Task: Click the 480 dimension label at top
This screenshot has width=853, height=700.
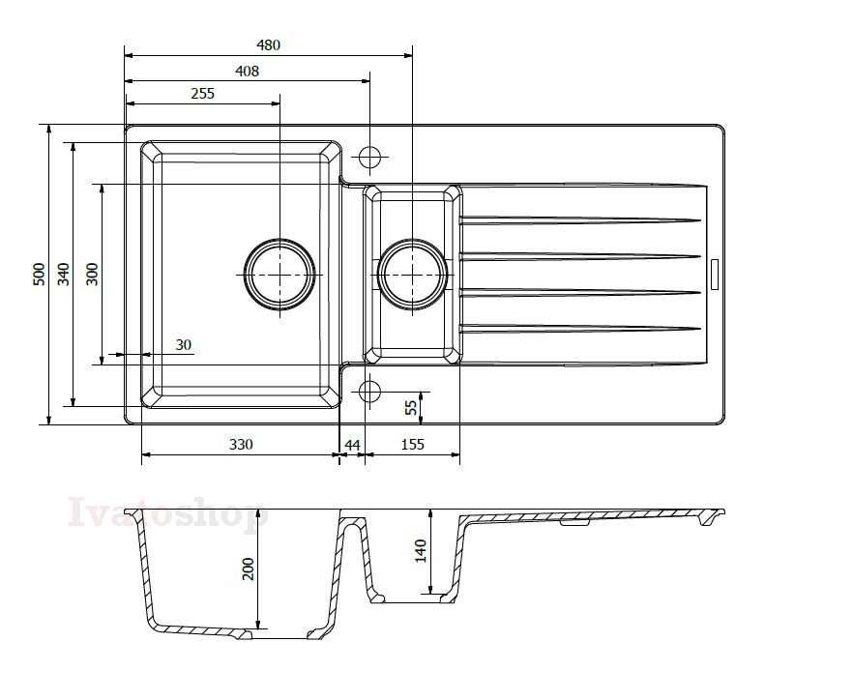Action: click(268, 44)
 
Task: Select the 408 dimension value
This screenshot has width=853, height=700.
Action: click(247, 71)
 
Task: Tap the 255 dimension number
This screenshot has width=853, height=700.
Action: click(202, 94)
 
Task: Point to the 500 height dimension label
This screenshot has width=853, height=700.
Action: click(39, 275)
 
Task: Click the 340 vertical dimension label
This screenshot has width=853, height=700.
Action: click(64, 275)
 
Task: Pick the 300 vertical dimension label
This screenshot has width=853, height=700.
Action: click(93, 275)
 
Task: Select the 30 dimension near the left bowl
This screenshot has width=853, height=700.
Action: click(184, 345)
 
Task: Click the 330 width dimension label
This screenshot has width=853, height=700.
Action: click(241, 445)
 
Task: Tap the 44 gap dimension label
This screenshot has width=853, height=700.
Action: click(352, 445)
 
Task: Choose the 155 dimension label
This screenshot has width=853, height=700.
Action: click(412, 445)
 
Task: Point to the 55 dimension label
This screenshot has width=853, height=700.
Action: click(412, 407)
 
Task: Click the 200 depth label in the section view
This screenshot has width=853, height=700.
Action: click(248, 569)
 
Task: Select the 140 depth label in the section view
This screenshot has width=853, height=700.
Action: click(421, 550)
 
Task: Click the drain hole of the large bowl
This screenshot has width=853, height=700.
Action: click(279, 275)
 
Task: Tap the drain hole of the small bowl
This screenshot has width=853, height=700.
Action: click(412, 275)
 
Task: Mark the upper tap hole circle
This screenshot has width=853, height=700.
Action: click(369, 157)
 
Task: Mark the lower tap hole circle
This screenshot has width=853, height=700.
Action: click(369, 391)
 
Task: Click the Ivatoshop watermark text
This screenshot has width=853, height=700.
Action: click(167, 512)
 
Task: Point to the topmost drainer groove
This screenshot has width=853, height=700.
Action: click(580, 220)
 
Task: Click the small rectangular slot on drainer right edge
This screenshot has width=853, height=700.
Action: click(715, 275)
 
